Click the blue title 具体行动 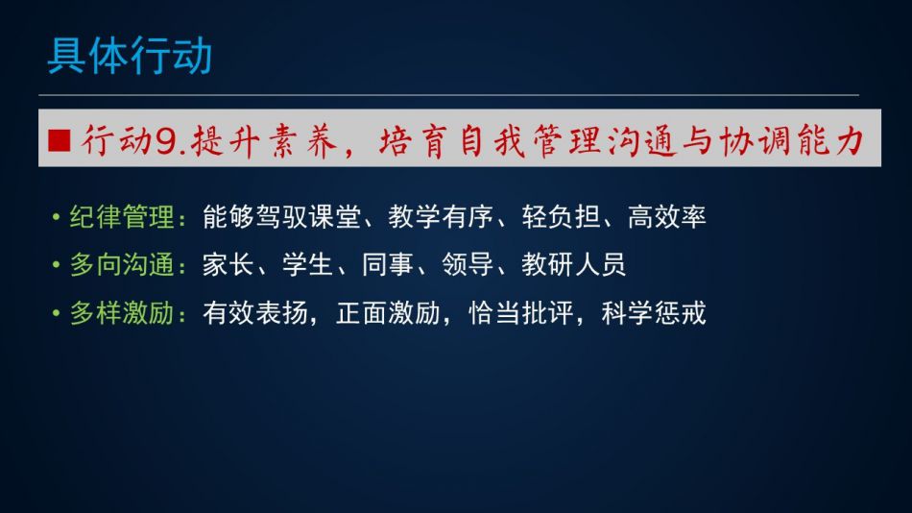(x=130, y=56)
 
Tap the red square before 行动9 (x=60, y=140)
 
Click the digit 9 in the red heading (x=166, y=141)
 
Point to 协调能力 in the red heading (x=791, y=141)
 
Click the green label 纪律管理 (x=122, y=217)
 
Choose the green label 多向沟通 (x=122, y=265)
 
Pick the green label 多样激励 (x=122, y=313)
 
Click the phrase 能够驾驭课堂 (x=281, y=217)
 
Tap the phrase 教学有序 (x=441, y=217)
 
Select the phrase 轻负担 (x=561, y=217)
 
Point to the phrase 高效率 (x=667, y=217)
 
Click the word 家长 (x=228, y=265)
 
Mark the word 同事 (x=388, y=265)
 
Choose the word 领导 (x=468, y=265)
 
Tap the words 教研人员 (x=573, y=265)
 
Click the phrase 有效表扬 (x=254, y=313)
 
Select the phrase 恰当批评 (x=520, y=313)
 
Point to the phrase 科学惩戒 (x=654, y=313)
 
